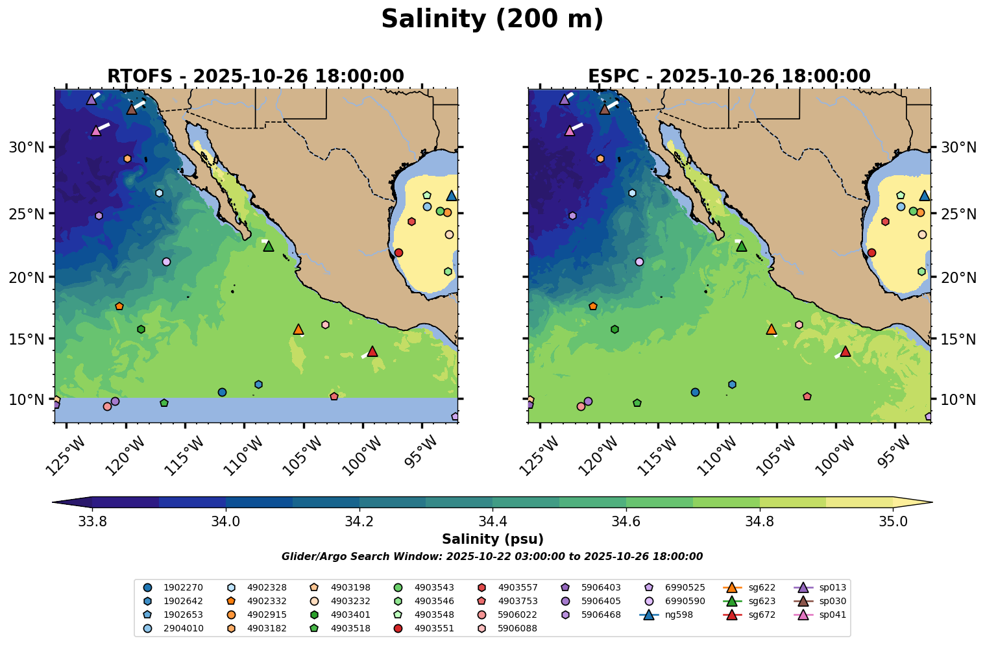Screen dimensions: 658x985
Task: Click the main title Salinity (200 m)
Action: point(492,19)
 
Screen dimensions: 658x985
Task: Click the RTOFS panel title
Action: point(256,77)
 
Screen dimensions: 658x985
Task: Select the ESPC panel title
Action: point(729,77)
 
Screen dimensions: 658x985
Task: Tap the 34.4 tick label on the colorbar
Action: point(492,522)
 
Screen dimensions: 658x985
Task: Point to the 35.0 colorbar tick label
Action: point(893,522)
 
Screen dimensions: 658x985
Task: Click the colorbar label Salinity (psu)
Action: point(492,539)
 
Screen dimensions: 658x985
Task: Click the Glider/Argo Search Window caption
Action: point(492,557)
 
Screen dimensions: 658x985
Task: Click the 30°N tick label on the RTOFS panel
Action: point(26,147)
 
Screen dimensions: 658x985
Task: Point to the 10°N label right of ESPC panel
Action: point(958,399)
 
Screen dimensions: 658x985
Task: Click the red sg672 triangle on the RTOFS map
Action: point(372,351)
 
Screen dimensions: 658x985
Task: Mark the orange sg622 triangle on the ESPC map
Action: point(771,329)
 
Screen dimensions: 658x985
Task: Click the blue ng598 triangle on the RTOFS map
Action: point(452,195)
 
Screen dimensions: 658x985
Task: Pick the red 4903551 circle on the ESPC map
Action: point(871,252)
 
